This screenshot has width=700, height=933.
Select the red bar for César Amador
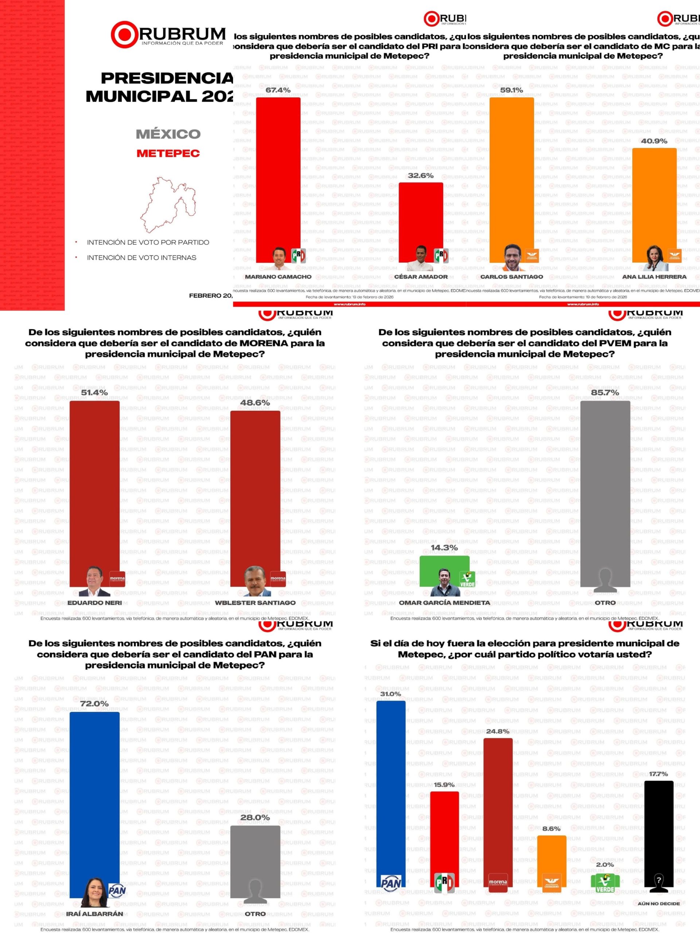[420, 215]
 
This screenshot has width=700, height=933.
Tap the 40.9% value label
[654, 141]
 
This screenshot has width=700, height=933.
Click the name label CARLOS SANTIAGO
[512, 277]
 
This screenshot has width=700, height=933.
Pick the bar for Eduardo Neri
[94, 485]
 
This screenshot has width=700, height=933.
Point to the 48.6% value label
[255, 403]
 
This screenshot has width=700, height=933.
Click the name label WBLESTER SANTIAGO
[255, 603]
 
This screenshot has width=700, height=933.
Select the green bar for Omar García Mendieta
[444, 567]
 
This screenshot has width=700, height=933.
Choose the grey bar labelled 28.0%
[255, 856]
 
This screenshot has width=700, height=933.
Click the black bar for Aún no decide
[659, 827]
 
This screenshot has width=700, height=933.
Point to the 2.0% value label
[604, 861]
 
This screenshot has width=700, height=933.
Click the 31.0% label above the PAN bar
[390, 694]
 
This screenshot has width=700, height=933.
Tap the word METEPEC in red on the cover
[168, 153]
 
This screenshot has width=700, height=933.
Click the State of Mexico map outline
[168, 204]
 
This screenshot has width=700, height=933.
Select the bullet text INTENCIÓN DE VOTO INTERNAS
[141, 258]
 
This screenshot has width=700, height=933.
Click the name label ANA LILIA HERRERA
[654, 277]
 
